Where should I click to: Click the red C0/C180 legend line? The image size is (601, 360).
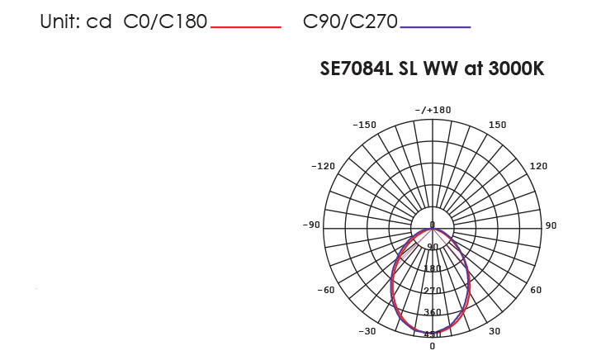click(x=246, y=27)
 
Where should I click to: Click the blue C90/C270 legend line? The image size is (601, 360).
click(x=435, y=27)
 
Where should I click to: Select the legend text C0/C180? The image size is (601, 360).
click(x=165, y=21)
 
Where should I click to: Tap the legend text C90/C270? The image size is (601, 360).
click(x=350, y=21)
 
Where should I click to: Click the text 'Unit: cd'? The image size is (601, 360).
click(x=75, y=21)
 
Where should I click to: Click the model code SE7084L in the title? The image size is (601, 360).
click(x=357, y=69)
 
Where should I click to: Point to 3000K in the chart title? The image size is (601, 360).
click(x=516, y=69)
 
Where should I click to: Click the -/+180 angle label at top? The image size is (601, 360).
click(x=433, y=110)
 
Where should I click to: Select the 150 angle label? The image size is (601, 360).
click(x=498, y=125)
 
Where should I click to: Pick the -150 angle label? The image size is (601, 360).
click(x=365, y=125)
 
